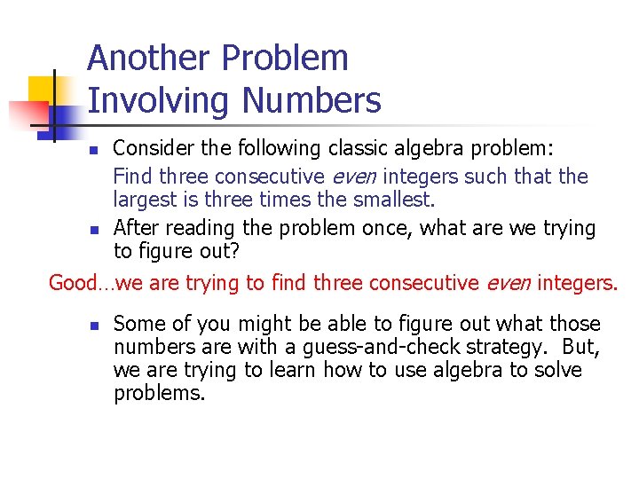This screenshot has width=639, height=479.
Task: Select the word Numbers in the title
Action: pos(312,100)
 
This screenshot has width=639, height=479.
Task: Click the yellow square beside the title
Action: pos(42,89)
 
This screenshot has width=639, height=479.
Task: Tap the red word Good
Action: pos(73,283)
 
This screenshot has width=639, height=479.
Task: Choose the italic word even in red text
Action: pos(508,283)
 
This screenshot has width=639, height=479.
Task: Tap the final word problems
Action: pos(159,393)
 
